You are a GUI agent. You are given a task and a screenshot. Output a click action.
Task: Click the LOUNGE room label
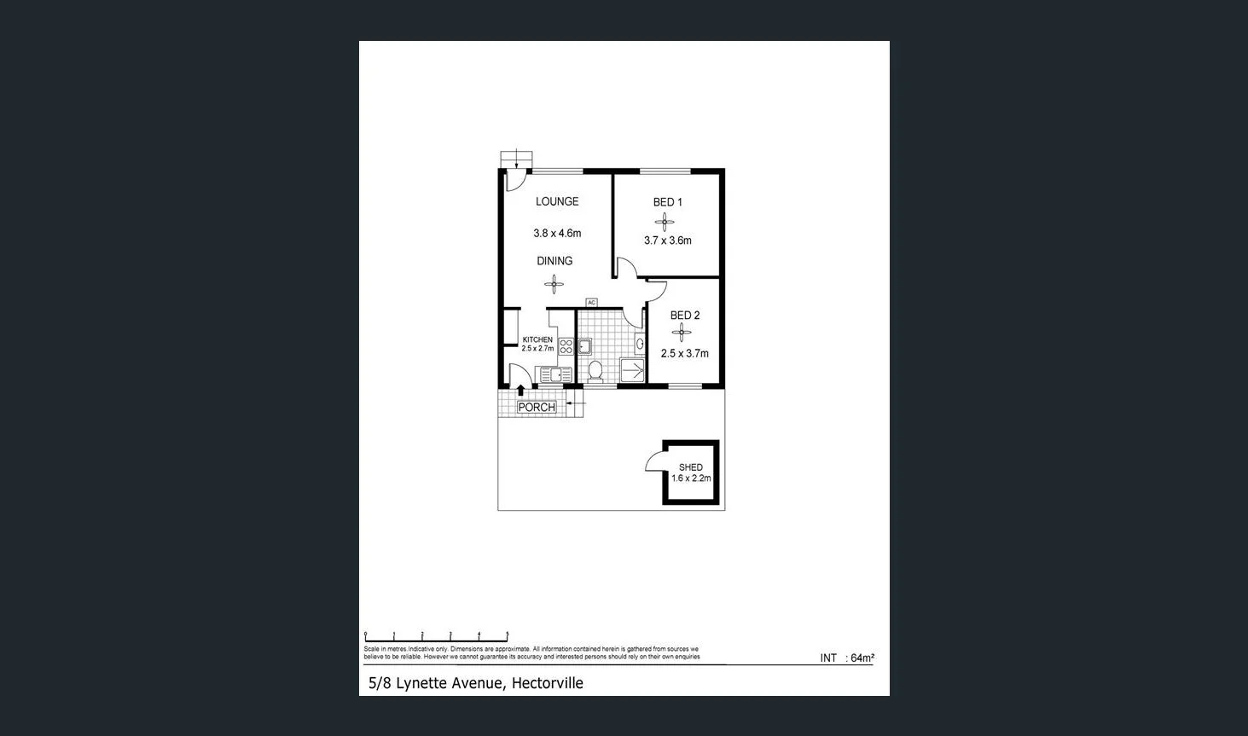556,202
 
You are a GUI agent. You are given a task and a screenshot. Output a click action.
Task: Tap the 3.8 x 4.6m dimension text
556,233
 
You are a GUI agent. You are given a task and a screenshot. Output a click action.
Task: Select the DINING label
554,261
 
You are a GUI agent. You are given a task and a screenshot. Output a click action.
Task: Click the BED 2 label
684,316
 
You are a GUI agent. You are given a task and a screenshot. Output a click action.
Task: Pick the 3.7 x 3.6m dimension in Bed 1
667,241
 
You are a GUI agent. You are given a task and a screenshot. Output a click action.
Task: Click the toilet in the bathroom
595,370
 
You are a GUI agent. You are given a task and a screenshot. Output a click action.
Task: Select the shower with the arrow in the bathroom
632,370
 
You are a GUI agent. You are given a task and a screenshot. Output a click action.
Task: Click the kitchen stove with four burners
566,347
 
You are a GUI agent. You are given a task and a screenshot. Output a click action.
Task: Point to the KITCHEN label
537,339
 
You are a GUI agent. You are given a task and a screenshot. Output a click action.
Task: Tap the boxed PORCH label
537,408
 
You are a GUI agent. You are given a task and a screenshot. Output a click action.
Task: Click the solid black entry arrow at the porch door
521,391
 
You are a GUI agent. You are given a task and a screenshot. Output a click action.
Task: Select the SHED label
690,467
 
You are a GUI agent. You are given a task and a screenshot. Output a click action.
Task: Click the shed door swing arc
654,461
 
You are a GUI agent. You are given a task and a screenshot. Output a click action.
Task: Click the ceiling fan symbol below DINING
554,283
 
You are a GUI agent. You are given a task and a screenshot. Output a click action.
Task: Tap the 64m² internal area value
862,658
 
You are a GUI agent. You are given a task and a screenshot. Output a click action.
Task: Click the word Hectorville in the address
547,683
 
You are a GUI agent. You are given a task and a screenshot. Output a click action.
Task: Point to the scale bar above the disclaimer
436,635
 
